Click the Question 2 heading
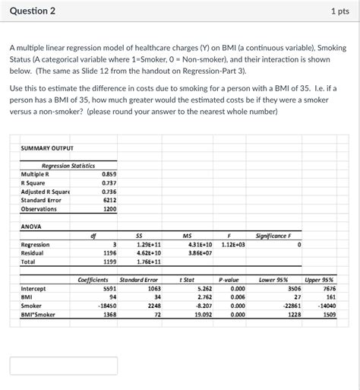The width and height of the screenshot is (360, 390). pyautogui.click(x=34, y=12)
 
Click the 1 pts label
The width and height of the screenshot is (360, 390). pyautogui.click(x=339, y=12)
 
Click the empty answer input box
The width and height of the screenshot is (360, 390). pyautogui.click(x=52, y=365)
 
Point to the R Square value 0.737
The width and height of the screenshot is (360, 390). pyautogui.click(x=109, y=183)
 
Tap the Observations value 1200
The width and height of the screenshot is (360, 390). pyautogui.click(x=110, y=209)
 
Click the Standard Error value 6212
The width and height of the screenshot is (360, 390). pyautogui.click(x=110, y=201)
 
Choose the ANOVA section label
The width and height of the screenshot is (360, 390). pyautogui.click(x=32, y=227)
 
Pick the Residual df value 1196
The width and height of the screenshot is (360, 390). pyautogui.click(x=109, y=253)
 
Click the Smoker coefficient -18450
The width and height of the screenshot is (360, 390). pyautogui.click(x=107, y=306)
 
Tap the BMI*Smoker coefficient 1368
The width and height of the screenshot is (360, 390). pyautogui.click(x=109, y=314)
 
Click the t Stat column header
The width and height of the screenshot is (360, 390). pyautogui.click(x=186, y=280)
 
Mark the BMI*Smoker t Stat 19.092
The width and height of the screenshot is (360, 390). pyautogui.click(x=203, y=314)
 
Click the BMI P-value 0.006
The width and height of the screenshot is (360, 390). pyautogui.click(x=238, y=297)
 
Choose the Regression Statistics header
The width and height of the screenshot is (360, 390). pyautogui.click(x=68, y=165)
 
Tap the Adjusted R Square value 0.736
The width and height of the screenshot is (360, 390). pyautogui.click(x=109, y=192)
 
